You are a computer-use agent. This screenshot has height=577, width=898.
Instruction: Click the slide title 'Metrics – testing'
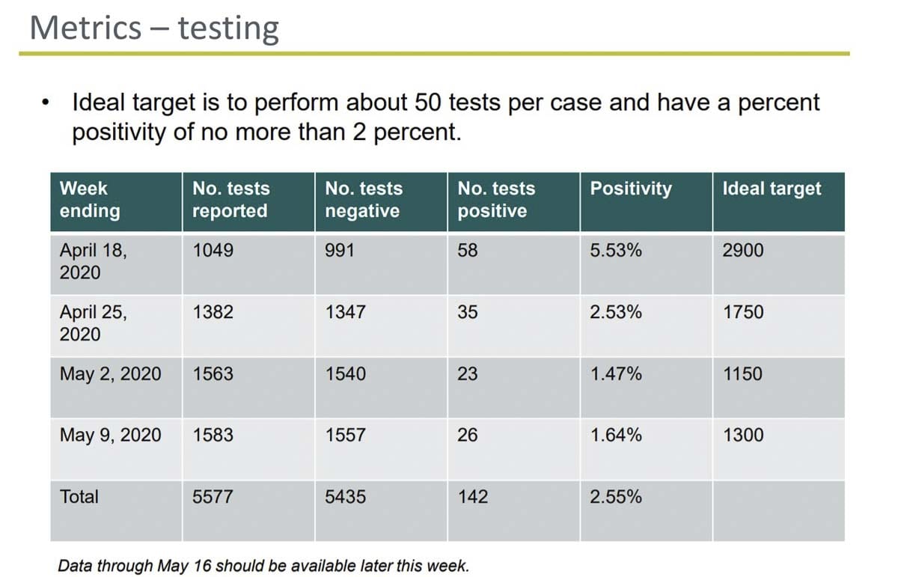point(154,28)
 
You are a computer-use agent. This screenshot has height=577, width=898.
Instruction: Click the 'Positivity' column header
point(630,189)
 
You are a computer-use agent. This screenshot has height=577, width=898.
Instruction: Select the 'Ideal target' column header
point(771,189)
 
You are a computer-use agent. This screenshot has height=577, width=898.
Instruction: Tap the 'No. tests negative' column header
point(363,200)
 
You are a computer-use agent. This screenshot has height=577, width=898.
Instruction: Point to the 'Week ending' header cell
point(89,200)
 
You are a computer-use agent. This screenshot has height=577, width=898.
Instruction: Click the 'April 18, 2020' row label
point(93,261)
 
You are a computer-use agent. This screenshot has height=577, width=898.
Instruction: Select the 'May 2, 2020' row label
point(110,373)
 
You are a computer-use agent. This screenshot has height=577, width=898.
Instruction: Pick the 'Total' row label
point(79,496)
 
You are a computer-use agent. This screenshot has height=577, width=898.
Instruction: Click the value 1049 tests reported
point(213,251)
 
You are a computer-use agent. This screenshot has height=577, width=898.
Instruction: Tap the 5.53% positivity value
point(615,251)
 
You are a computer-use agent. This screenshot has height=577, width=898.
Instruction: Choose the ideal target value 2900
point(742,251)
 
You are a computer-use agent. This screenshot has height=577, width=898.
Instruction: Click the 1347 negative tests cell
point(345,312)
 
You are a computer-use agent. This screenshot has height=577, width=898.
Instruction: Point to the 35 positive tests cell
point(467,312)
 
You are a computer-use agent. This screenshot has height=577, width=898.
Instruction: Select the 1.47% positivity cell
point(615,373)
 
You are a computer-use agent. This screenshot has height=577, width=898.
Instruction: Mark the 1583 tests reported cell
point(213,435)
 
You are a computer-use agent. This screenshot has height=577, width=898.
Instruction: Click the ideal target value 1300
point(742,435)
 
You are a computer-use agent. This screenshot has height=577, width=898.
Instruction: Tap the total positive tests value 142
point(472,496)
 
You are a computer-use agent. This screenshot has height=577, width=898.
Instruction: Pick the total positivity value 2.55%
point(615,496)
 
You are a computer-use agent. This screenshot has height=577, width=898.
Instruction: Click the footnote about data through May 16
point(263,565)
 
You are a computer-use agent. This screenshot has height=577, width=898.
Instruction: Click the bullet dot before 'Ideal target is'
point(46,103)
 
